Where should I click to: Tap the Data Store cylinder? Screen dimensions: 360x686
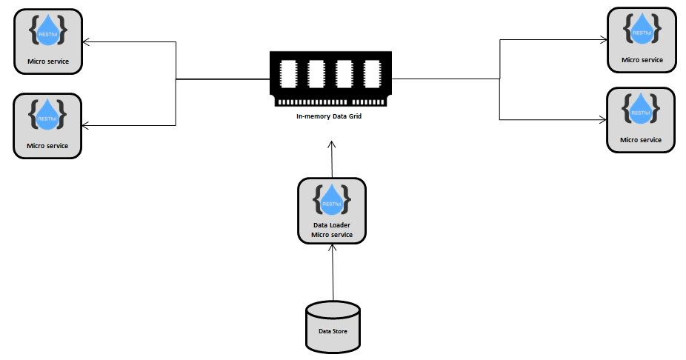click(333, 326)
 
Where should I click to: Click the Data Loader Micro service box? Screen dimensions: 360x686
click(332, 211)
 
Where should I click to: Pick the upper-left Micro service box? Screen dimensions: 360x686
click(47, 41)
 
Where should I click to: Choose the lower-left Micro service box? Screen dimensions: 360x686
click(47, 125)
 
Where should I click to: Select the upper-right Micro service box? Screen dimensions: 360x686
click(641, 40)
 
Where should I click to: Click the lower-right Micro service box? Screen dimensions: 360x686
click(641, 120)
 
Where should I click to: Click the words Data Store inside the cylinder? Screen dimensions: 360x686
click(333, 331)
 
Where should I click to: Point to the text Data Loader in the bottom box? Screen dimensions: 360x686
click(332, 224)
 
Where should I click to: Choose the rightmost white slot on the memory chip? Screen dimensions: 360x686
click(371, 74)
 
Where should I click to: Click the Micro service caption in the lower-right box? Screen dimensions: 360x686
click(641, 139)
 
